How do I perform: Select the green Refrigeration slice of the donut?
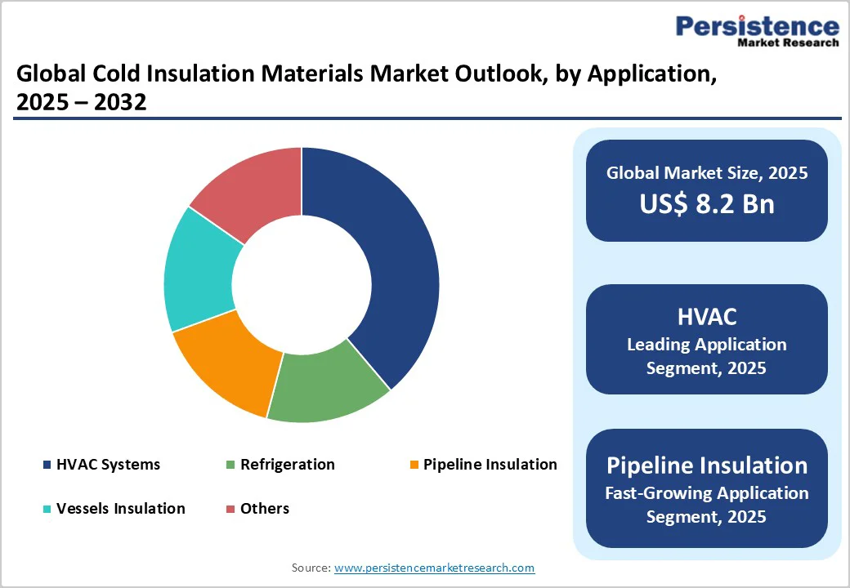point(327,384)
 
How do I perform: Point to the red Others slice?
point(253,188)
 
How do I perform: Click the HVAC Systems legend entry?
point(108,465)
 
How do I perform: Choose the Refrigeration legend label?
point(287,465)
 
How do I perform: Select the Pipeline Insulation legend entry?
point(490,465)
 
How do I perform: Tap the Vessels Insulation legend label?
point(120,509)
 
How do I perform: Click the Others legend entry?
point(264,509)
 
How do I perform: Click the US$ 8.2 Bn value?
point(706,204)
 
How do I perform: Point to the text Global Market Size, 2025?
point(706,173)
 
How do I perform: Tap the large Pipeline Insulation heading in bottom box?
point(706,465)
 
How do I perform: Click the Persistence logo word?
point(757,26)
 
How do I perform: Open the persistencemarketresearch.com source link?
point(434,568)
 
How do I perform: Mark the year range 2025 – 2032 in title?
point(81,103)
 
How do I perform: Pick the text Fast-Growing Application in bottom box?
point(706,493)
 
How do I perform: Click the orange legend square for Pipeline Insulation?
point(414,465)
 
